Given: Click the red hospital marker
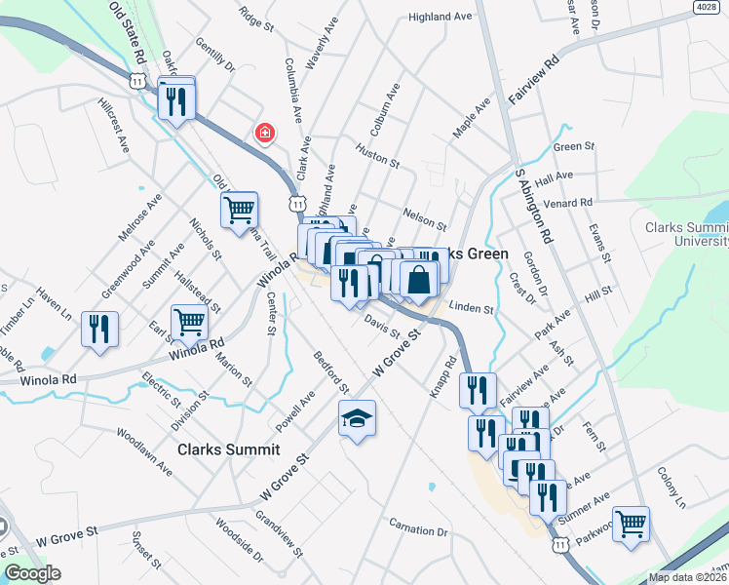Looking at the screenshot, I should click(263, 132).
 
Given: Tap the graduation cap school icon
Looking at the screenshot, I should click(357, 419).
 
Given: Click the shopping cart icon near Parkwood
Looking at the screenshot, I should click(631, 524).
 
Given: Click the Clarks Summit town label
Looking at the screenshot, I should click(228, 449).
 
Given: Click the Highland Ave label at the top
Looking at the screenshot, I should click(441, 17).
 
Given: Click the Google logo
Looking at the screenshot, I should click(31, 573).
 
